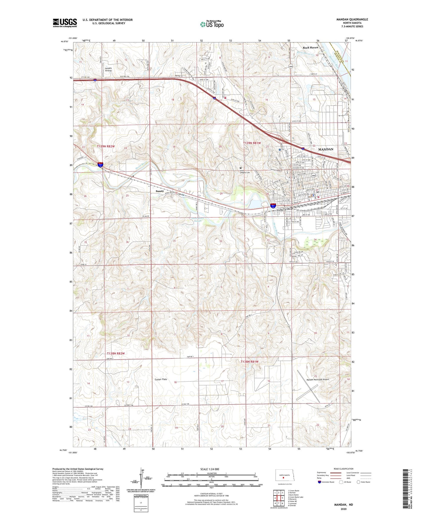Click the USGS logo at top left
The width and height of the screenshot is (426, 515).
65,23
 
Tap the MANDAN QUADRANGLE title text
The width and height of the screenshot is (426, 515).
352,19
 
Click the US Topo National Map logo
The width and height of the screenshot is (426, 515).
211,24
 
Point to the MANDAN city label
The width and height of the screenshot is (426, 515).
326,149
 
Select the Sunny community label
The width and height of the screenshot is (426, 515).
159,191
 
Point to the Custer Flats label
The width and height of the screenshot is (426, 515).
161,379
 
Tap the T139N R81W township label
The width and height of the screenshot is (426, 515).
252,143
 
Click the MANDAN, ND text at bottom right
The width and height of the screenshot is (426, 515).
343,505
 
